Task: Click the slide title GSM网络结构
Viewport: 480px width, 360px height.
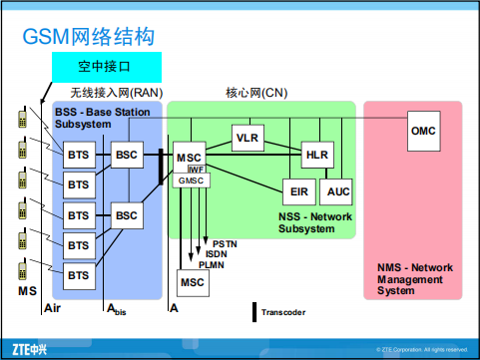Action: [x=89, y=37]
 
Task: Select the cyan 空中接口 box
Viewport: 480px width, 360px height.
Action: [x=105, y=69]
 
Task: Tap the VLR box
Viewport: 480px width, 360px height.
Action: [x=247, y=137]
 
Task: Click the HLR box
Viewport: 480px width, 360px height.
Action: [x=316, y=155]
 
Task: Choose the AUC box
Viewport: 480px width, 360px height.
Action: [x=339, y=190]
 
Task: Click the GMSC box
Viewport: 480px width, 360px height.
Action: [x=190, y=181]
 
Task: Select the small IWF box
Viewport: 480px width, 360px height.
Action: [x=196, y=170]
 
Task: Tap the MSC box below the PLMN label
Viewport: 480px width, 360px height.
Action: [x=192, y=283]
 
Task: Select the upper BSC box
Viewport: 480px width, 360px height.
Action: [x=126, y=155]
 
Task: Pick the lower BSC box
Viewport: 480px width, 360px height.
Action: [x=126, y=214]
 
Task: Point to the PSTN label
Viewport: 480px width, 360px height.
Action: [x=226, y=244]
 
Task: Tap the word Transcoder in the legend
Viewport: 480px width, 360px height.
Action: [x=288, y=312]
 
